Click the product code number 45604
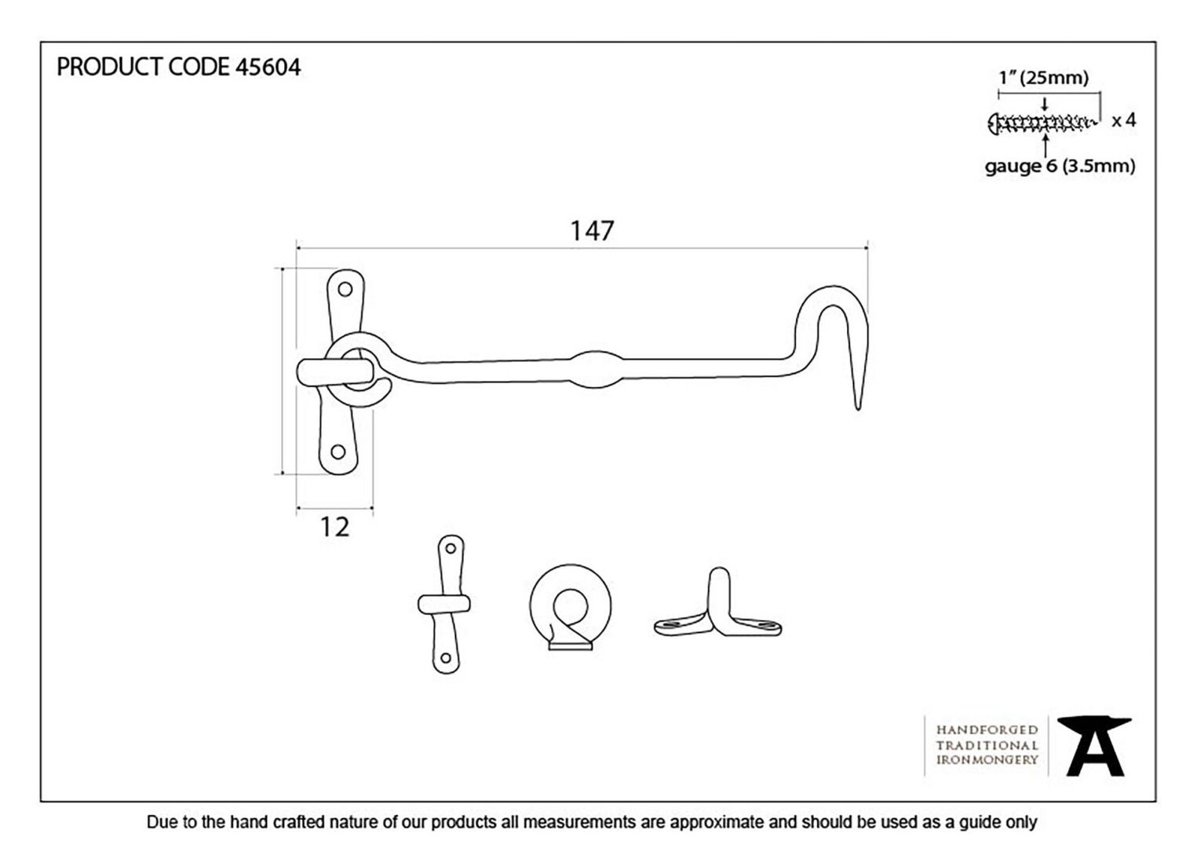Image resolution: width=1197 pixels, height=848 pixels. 268,68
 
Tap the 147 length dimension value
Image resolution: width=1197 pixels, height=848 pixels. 592,231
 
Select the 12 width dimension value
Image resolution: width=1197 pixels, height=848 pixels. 334,527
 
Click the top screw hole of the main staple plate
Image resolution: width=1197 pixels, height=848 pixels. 345,289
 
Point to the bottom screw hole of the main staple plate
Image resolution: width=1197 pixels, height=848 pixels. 338,451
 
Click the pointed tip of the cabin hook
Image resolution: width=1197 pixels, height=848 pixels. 859,408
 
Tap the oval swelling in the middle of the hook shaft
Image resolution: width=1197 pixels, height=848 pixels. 597,369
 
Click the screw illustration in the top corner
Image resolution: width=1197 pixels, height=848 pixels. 1043,124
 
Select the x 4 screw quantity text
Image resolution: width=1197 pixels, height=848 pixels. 1123,121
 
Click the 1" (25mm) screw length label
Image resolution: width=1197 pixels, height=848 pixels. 1044,78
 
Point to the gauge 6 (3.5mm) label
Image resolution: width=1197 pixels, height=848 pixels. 1060,166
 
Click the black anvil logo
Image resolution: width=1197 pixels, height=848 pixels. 1093,747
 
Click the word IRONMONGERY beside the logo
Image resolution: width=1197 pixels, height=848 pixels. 987,760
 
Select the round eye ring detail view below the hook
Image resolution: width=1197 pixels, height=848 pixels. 571,608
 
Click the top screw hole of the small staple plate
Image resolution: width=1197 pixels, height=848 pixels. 451,549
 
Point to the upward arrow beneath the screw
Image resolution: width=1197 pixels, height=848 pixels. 1046,145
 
